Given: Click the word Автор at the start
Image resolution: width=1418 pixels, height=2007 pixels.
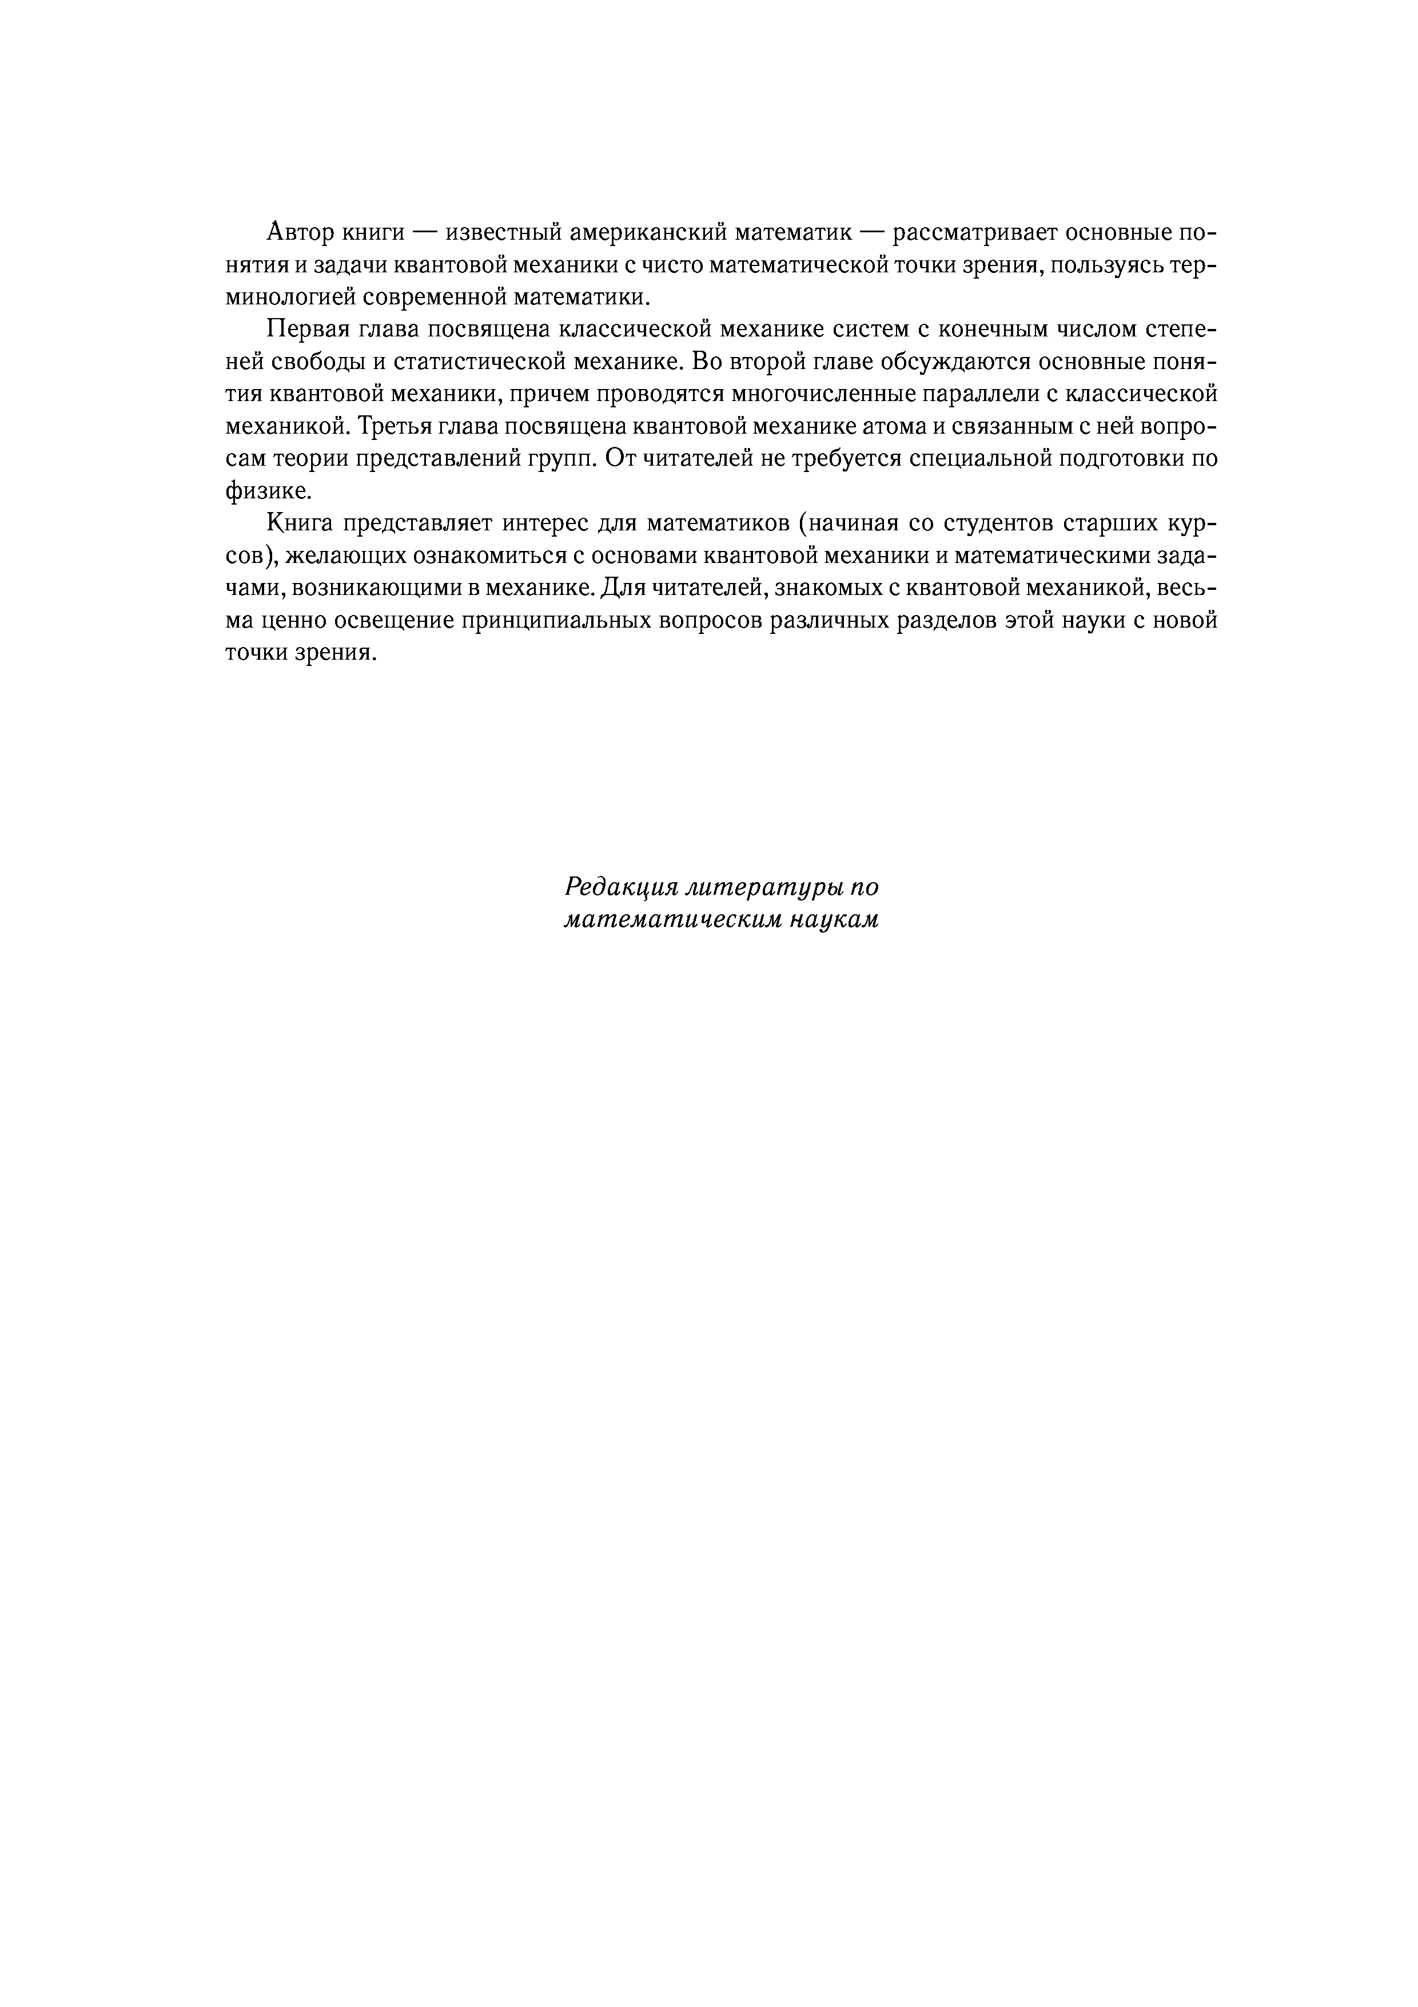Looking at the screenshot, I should (x=298, y=232).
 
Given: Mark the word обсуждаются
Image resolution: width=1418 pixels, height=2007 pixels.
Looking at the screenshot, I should (x=943, y=362).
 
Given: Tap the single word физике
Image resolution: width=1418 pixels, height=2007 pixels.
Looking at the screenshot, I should (x=268, y=491).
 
